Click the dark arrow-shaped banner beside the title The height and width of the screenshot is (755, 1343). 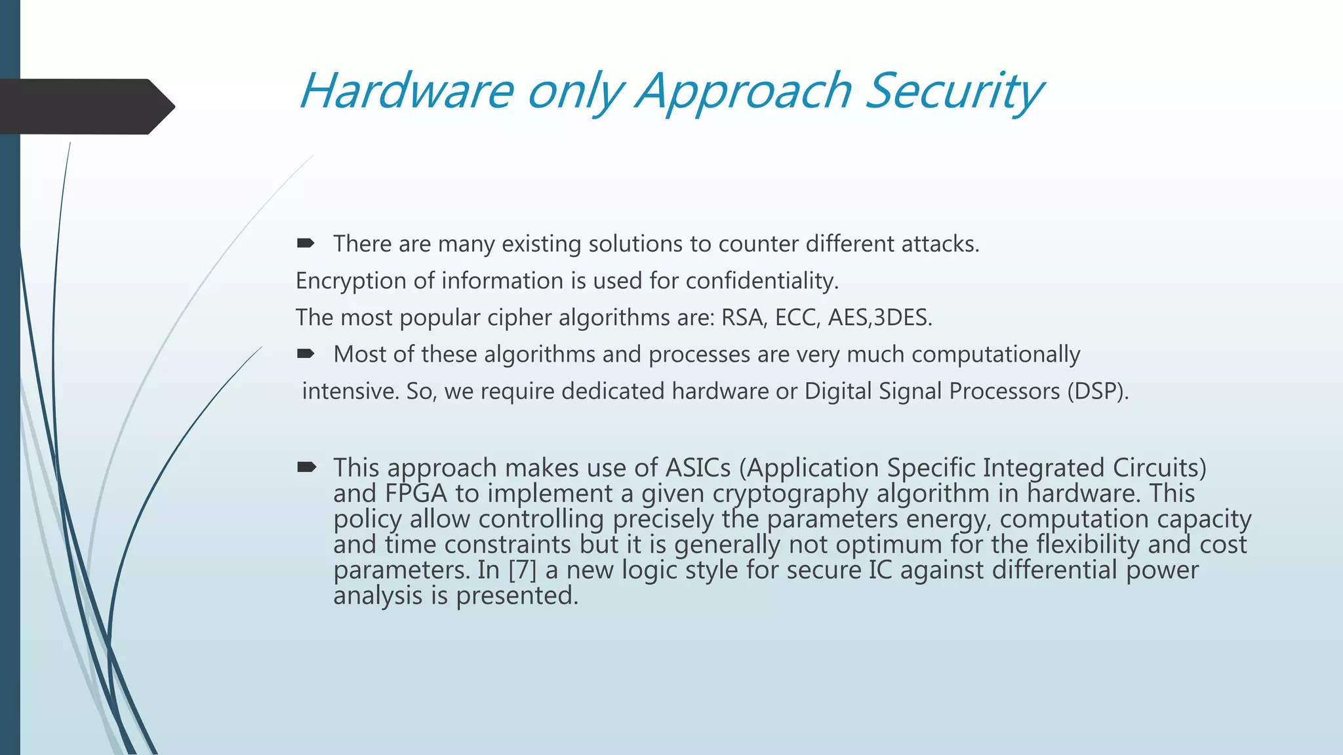click(x=85, y=106)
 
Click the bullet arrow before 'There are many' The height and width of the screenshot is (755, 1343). click(x=306, y=244)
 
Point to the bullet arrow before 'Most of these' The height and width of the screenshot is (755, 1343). click(x=306, y=354)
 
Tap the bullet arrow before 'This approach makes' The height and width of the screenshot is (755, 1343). click(x=306, y=467)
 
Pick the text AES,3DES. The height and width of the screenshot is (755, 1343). click(x=879, y=317)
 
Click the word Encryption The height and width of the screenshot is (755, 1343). click(x=351, y=281)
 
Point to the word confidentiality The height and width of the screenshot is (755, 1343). click(x=762, y=281)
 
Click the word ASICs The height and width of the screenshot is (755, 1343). click(x=698, y=467)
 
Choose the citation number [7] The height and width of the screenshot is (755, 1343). click(x=523, y=570)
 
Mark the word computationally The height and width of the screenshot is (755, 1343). click(x=995, y=354)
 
